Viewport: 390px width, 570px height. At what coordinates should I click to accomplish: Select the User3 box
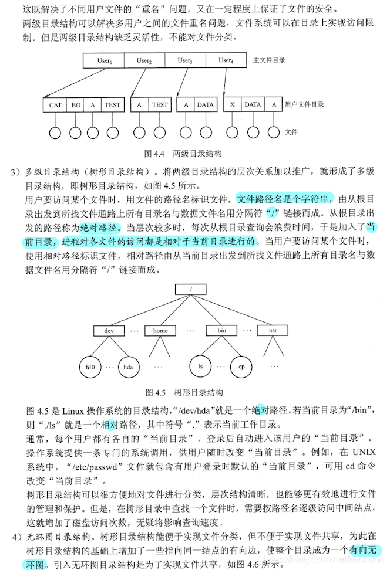[x=185, y=60]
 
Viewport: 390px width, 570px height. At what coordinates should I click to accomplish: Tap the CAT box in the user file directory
[x=55, y=105]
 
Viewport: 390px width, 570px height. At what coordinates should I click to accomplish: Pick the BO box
[x=76, y=105]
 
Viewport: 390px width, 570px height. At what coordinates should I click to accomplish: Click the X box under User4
[x=233, y=105]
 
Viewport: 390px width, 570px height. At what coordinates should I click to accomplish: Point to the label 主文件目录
[x=269, y=60]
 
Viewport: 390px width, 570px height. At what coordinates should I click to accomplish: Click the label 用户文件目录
[x=304, y=105]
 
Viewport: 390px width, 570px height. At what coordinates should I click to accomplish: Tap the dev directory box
[x=109, y=330]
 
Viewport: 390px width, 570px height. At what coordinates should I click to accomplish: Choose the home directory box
[x=160, y=330]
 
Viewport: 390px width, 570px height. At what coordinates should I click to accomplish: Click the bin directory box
[x=221, y=330]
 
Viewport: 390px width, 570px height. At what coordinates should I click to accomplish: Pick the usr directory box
[x=273, y=330]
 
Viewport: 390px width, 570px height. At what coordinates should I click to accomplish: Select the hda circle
[x=127, y=367]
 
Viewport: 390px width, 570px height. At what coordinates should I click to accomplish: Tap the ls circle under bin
[x=200, y=367]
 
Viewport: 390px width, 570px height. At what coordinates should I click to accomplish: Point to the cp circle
[x=241, y=367]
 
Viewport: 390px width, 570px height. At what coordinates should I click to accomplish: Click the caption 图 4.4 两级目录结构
[x=183, y=154]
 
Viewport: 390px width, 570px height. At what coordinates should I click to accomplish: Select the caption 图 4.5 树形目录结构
[x=183, y=392]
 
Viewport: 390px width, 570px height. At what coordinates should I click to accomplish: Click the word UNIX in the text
[x=368, y=452]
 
